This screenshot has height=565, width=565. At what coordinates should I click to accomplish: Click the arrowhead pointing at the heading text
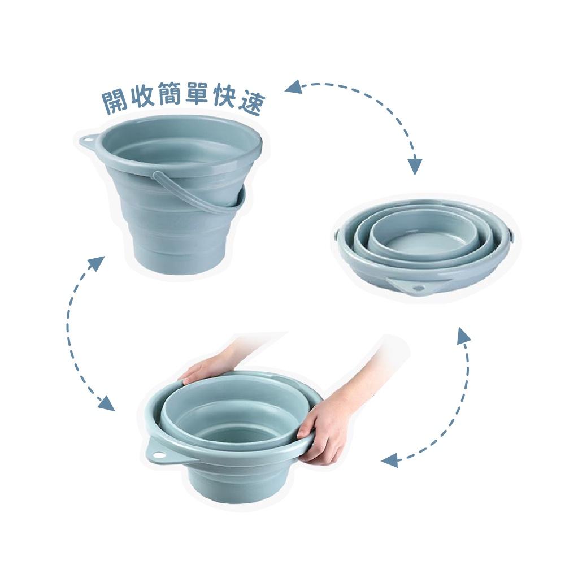(x=293, y=88)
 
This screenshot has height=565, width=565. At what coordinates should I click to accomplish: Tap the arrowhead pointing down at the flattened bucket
(x=415, y=166)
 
